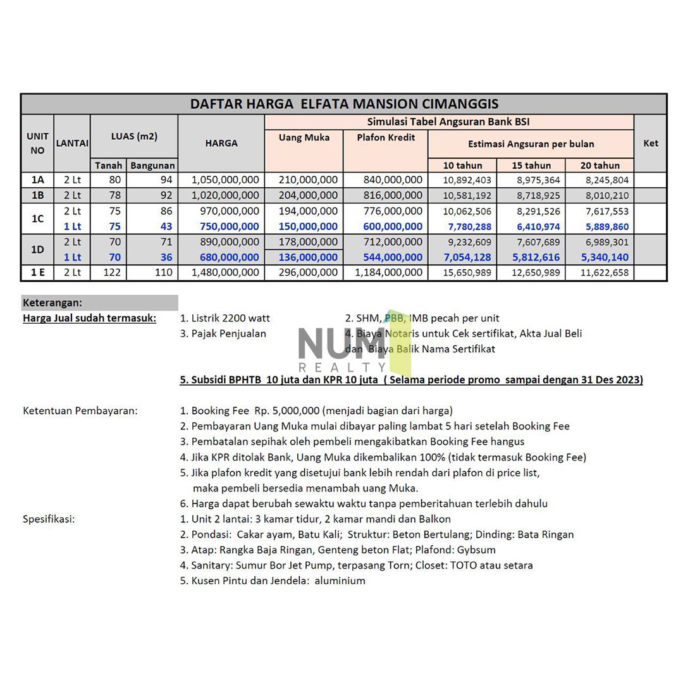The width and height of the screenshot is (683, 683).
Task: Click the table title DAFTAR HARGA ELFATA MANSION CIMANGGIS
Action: pos(344,104)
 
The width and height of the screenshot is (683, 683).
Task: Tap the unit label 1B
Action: pos(37,195)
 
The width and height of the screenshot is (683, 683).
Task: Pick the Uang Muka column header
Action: pos(304,138)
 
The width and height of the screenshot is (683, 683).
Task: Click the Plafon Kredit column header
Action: pos(385,138)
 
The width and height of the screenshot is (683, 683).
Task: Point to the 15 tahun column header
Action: pos(531,166)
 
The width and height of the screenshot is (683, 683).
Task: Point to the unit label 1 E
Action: pos(37,273)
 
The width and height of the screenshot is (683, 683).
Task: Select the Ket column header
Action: pos(649,143)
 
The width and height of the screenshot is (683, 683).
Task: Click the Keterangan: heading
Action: pos(52,303)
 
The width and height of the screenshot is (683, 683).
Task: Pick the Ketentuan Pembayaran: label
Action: pos(80,411)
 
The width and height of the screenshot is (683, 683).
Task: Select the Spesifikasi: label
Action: pos(49,519)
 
